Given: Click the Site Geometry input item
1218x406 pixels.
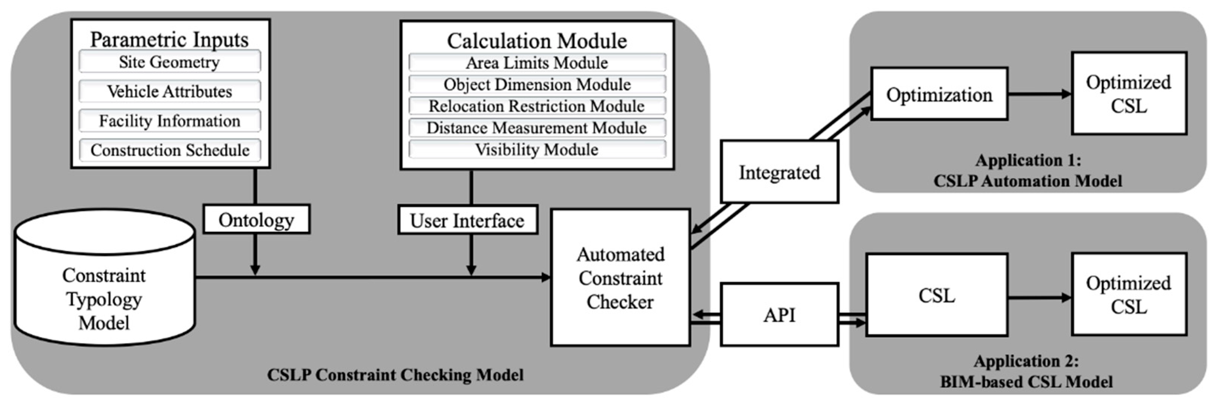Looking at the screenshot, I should pos(169,62).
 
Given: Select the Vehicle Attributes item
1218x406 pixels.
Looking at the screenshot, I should pos(169,91).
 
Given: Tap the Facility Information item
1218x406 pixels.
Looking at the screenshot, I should pos(169,121).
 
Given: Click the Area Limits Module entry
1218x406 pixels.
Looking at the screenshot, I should pos(537,62).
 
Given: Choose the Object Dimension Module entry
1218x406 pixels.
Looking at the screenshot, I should pos(537,84).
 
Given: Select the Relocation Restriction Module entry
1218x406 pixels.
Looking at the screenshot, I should pos(537,106).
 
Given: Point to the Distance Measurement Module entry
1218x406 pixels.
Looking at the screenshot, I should pos(537,128).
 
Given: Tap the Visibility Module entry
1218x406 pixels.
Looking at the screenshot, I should pos(537,149).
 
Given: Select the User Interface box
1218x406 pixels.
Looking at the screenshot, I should pos(467,220).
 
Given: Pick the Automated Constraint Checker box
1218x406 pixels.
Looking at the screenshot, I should pos(620,278).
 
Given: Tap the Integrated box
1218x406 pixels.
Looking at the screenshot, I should pos(779,172).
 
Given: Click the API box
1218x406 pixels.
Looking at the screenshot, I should pos(779,314).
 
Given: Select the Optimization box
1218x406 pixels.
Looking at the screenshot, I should pos(939,94).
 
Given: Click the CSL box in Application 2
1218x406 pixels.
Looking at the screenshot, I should pos(936,295).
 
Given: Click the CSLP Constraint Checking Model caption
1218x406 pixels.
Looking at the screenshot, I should pos(395,375).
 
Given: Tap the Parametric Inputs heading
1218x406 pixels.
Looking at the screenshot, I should pos(169,39).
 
